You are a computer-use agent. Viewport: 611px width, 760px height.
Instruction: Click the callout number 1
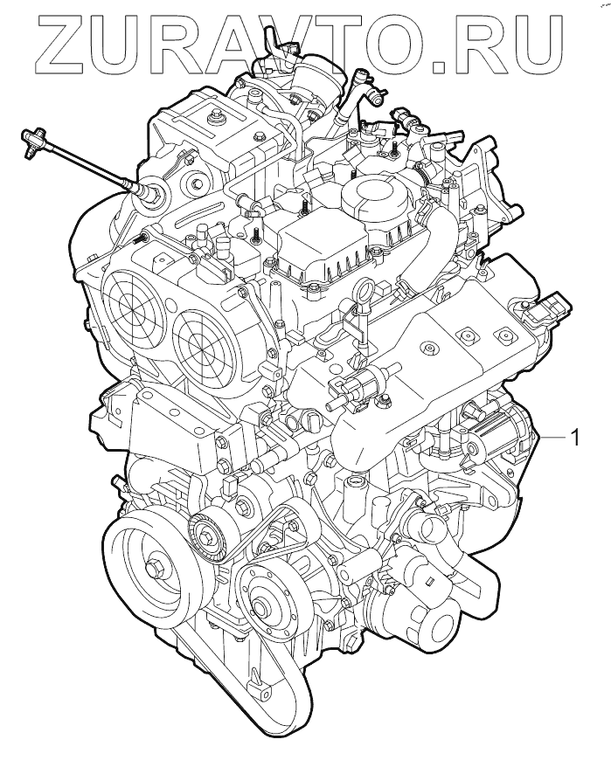(x=574, y=438)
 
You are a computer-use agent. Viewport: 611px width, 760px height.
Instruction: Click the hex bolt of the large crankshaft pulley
(x=156, y=567)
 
